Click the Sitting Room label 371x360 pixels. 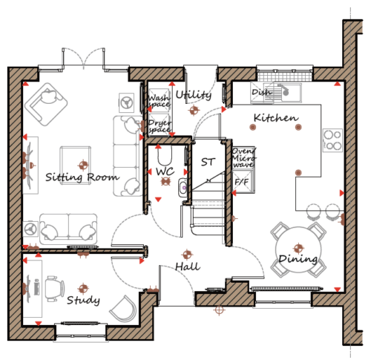(82, 177)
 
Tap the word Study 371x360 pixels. (83, 300)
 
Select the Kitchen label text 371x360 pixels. (276, 118)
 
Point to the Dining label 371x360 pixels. (298, 259)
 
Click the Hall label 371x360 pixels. (188, 266)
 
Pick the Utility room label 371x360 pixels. (194, 95)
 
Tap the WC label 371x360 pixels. (165, 171)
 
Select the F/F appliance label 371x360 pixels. (241, 182)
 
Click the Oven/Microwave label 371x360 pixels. (243, 158)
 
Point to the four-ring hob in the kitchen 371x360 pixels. (332, 140)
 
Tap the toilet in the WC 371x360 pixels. (165, 155)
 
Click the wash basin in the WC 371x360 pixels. (183, 188)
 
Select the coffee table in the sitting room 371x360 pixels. (76, 165)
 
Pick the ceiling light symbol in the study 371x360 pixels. (83, 288)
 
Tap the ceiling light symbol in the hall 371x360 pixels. (187, 255)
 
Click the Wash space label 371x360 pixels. (159, 101)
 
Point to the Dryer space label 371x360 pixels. (160, 126)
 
